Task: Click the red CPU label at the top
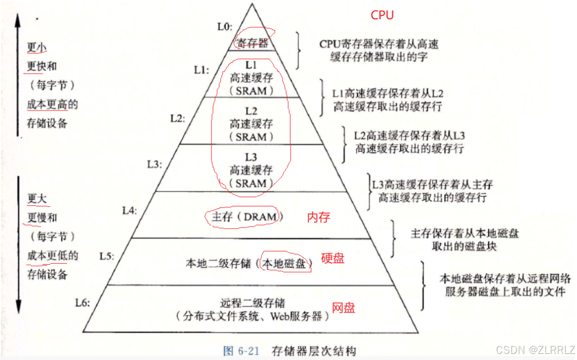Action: [382, 15]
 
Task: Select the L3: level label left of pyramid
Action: [155, 164]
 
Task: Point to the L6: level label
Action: [83, 303]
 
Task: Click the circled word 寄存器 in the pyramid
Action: [252, 43]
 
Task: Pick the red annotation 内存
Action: [319, 218]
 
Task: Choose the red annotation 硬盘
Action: [333, 258]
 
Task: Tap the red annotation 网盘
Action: [343, 308]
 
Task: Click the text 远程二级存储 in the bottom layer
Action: [253, 303]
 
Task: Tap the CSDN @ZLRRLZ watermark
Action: [535, 350]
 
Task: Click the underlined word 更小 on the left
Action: [37, 47]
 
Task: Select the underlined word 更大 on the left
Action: [37, 198]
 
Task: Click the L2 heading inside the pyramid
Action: [251, 110]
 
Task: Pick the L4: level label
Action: [130, 209]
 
